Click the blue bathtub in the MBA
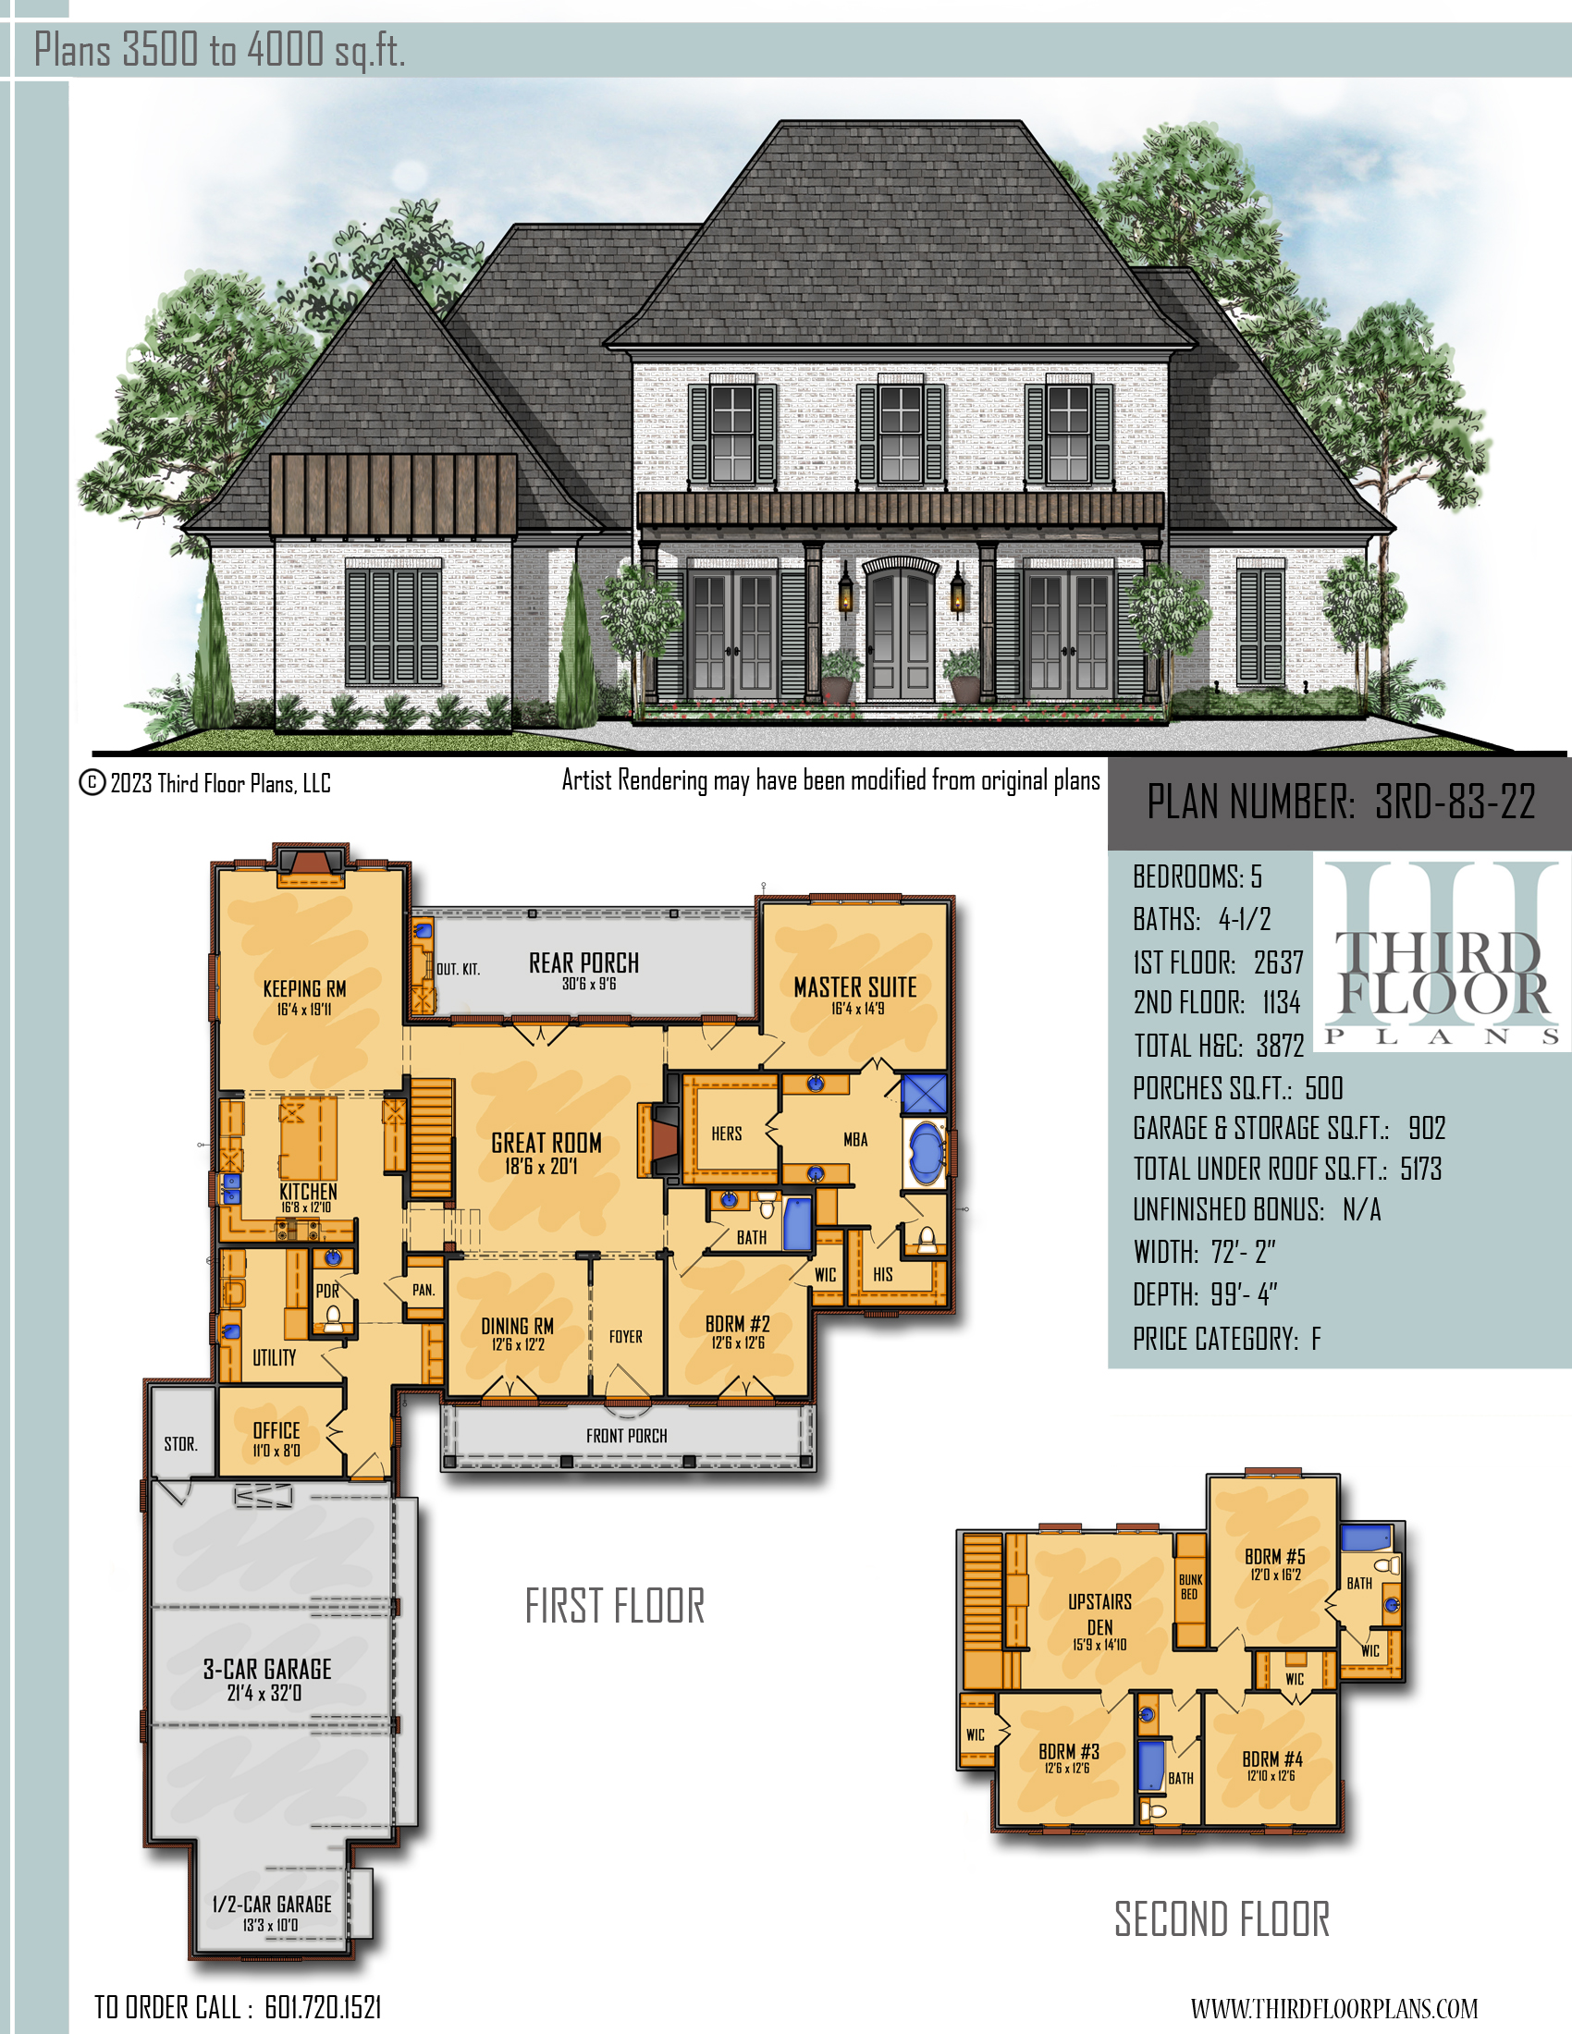pyautogui.click(x=925, y=1153)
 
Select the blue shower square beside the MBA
pyautogui.click(x=925, y=1094)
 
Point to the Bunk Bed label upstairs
pyautogui.click(x=1190, y=1587)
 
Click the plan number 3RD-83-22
pyautogui.click(x=1455, y=801)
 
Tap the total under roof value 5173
pyautogui.click(x=1421, y=1169)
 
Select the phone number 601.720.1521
pyautogui.click(x=323, y=2007)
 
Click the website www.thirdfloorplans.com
pyautogui.click(x=1334, y=2008)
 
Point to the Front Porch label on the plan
pyautogui.click(x=627, y=1436)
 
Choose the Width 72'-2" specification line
pyautogui.click(x=1204, y=1252)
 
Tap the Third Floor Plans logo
pyautogui.click(x=1442, y=955)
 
